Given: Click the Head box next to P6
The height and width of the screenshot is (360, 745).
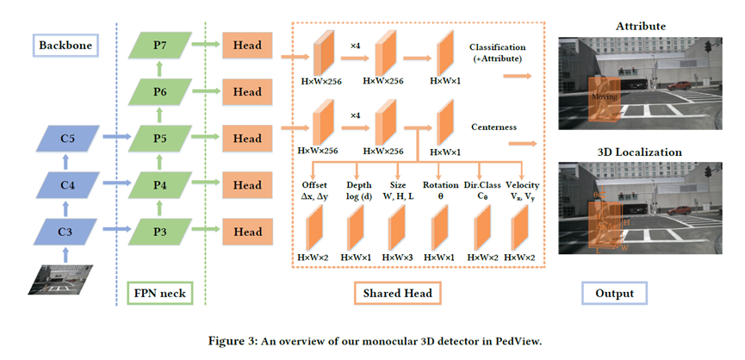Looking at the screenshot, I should coord(247,91).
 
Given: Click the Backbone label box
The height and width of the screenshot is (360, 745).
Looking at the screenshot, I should coord(67,43).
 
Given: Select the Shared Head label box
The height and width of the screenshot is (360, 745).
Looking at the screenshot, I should coord(399,294).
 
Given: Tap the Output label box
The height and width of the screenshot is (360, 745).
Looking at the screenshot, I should coord(615,294).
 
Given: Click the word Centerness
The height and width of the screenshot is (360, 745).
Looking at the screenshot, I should coord(494,127).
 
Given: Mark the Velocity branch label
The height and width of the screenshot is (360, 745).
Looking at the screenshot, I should coord(523,190).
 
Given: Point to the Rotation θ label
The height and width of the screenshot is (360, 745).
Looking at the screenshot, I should coord(440,190).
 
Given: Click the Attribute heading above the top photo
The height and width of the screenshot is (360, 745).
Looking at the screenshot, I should coord(640,27).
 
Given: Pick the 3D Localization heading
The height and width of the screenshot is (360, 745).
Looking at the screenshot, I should coord(640,152).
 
